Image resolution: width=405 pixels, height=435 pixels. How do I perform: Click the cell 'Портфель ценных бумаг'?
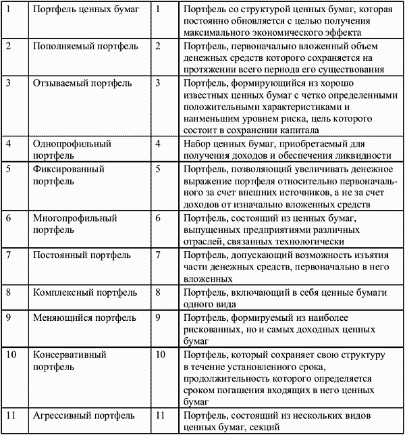coord(82,11)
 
